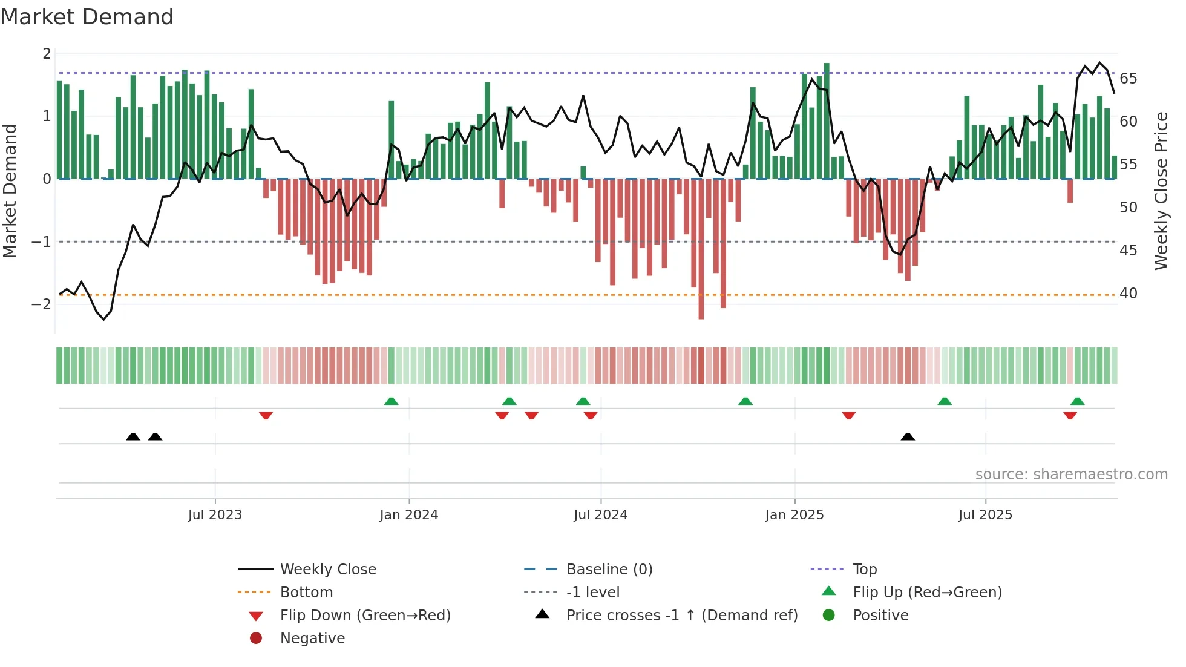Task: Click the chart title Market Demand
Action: click(87, 17)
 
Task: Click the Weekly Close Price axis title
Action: click(1161, 191)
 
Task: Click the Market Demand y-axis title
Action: click(10, 191)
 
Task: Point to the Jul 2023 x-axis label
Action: click(215, 515)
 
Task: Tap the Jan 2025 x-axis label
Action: click(794, 515)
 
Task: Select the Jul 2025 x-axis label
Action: click(985, 515)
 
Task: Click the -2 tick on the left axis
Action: click(42, 304)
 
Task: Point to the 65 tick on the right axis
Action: click(1128, 79)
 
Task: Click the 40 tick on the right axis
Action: click(1128, 294)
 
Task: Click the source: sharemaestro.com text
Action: click(1071, 475)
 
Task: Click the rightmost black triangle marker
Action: click(908, 436)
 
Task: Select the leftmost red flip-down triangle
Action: click(266, 415)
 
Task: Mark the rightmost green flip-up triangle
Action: click(1077, 401)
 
